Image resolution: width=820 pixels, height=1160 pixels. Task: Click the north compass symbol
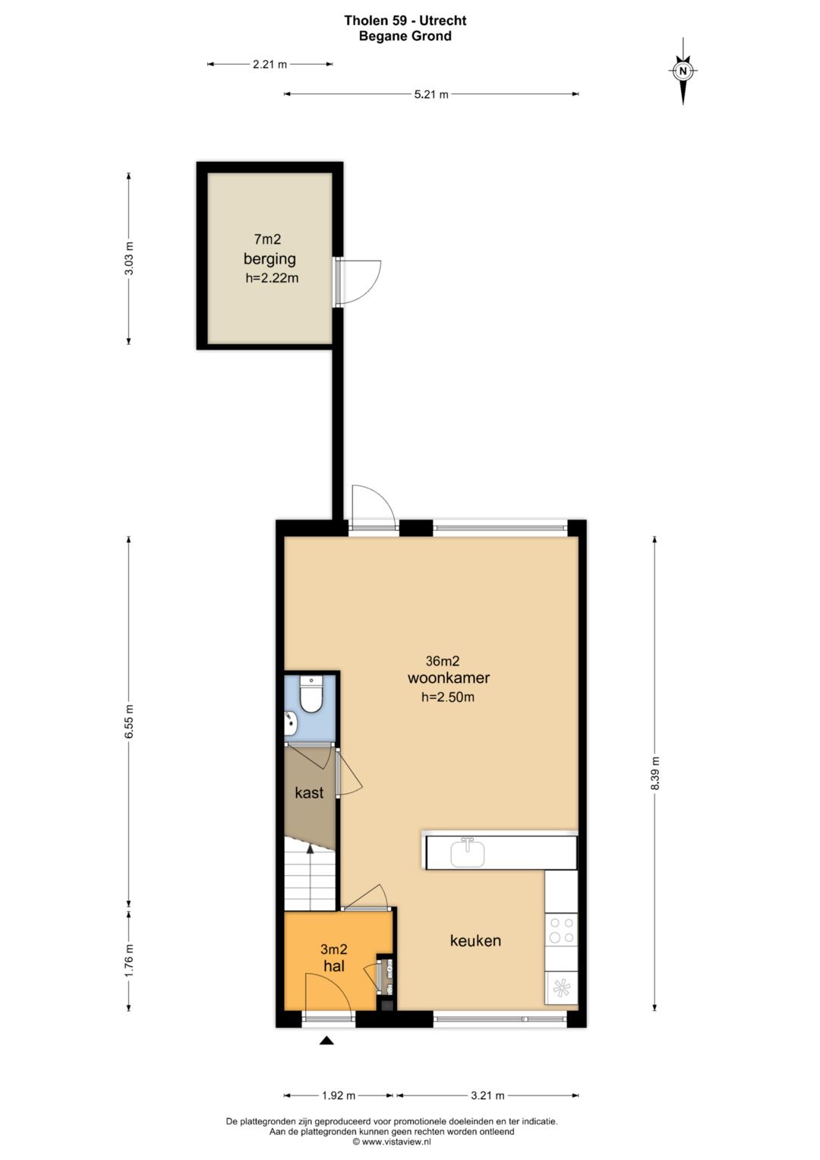tap(683, 71)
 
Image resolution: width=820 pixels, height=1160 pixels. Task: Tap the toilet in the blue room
tap(311, 694)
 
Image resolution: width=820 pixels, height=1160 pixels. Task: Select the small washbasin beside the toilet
tap(291, 723)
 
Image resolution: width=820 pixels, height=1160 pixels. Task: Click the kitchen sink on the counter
tap(468, 852)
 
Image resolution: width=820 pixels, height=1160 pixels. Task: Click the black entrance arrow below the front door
tap(326, 1040)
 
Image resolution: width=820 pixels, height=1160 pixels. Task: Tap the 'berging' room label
tap(270, 259)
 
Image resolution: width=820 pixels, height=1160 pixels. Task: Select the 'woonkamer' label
tap(448, 678)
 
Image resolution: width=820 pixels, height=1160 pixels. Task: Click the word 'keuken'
tap(475, 940)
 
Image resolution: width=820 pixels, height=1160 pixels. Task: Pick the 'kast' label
tap(309, 792)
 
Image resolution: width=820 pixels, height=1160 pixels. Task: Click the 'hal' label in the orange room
tap(334, 966)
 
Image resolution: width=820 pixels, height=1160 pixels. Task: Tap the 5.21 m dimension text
tap(431, 94)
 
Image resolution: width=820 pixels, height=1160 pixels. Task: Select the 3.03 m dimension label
tap(129, 258)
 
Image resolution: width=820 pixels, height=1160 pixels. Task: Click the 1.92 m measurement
tap(339, 1095)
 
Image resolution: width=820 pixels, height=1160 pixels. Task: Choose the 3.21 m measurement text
tap(487, 1095)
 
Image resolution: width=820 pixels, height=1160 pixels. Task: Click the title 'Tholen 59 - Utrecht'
tap(405, 21)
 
